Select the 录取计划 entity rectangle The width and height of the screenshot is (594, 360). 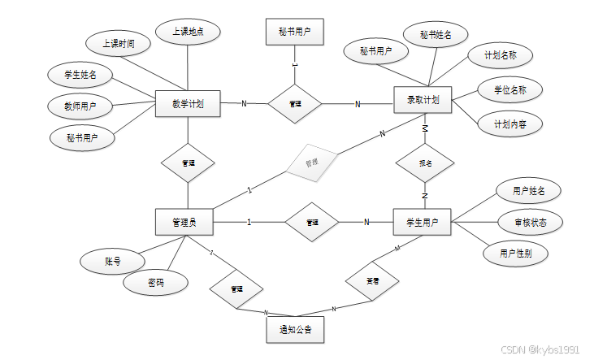[423, 101]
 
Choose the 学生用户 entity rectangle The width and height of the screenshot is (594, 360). [422, 222]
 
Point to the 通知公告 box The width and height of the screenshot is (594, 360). [295, 330]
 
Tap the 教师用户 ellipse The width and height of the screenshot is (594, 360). [82, 106]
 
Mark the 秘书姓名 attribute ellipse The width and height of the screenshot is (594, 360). [436, 35]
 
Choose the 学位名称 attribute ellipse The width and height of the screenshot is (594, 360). [509, 89]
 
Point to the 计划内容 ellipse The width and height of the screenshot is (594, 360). [509, 124]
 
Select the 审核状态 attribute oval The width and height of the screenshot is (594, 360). [528, 222]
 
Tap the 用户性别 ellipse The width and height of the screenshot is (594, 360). [518, 253]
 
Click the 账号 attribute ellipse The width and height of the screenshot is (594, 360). [112, 262]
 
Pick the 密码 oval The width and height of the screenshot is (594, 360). [156, 283]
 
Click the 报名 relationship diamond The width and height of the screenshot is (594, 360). [425, 163]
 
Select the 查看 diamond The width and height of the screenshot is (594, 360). [371, 281]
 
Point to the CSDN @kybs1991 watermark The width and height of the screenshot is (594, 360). [540, 350]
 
